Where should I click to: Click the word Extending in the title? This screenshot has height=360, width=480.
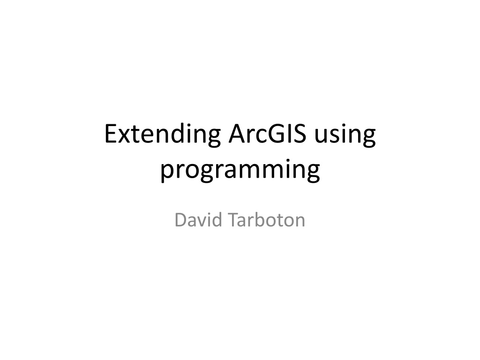point(163,135)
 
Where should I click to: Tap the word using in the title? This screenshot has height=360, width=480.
point(345,135)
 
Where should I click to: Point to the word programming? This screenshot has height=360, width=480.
point(240,170)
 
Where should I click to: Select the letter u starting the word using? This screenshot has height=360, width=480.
point(320,136)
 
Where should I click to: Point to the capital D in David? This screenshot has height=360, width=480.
point(180,220)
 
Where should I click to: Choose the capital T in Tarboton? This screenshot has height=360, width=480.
point(234,220)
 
